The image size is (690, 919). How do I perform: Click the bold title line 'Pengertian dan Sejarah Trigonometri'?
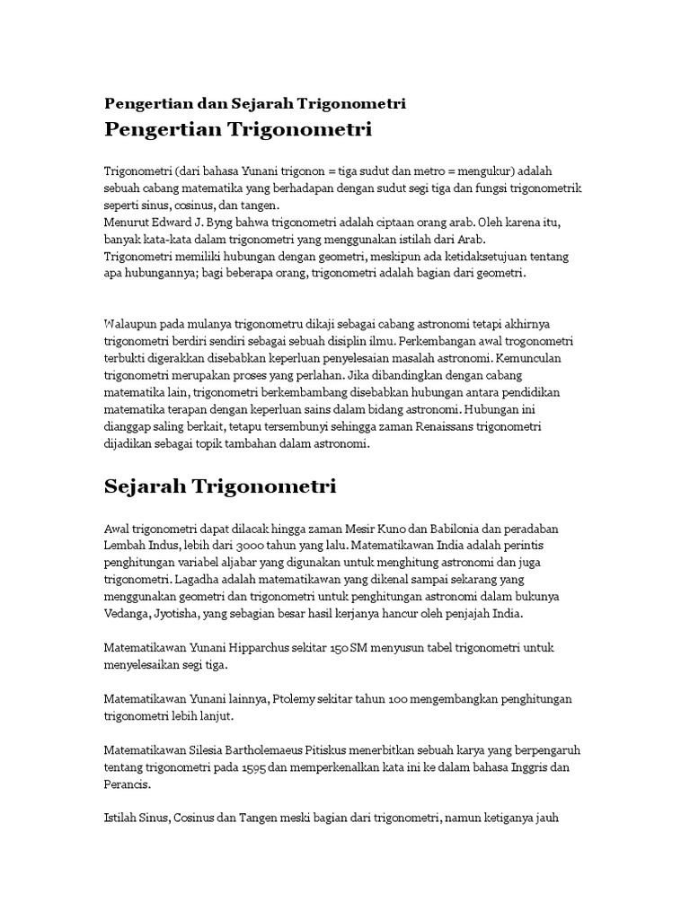(x=255, y=103)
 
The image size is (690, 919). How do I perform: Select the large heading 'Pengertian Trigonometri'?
(x=238, y=130)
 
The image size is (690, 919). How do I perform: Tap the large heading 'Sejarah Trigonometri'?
(x=220, y=487)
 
